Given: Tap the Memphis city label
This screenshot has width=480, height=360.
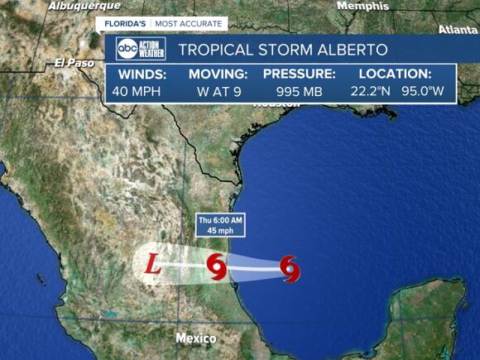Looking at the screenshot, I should [x=362, y=6].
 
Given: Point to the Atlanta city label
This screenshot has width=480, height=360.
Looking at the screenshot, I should [x=458, y=30].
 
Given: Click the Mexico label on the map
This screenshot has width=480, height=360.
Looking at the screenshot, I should [x=196, y=338].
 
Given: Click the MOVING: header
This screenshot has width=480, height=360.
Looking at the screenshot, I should [x=218, y=74].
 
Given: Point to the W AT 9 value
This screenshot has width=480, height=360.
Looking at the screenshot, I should [x=218, y=91].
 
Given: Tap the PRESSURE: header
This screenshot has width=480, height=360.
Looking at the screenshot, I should [x=299, y=74].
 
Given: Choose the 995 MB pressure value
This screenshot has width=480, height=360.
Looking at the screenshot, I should [x=299, y=91].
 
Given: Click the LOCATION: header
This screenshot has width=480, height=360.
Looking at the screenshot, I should [x=396, y=74].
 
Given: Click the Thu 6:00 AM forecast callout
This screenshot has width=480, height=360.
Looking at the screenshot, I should [x=220, y=225].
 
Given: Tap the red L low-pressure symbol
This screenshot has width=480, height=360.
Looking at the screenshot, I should [x=152, y=266].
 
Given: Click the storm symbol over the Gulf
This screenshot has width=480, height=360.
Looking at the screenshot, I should [x=290, y=267].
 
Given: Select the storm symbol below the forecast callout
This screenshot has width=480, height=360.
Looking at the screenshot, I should [x=217, y=268].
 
